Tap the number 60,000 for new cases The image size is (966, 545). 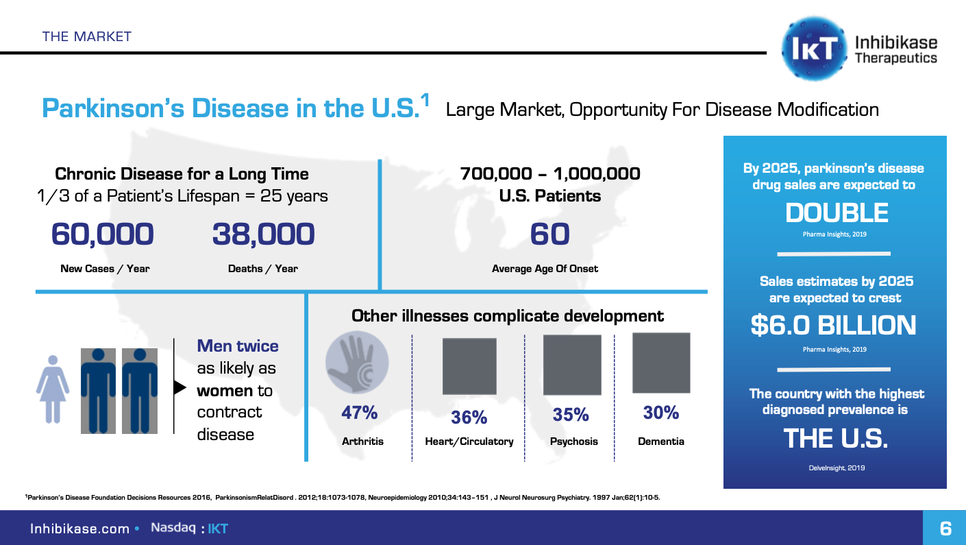(x=103, y=234)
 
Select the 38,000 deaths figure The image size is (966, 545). (x=263, y=234)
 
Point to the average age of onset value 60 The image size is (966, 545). (x=549, y=234)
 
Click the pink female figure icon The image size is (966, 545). (x=52, y=389)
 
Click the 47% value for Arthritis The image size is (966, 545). (x=360, y=413)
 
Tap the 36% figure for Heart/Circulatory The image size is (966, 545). (x=469, y=417)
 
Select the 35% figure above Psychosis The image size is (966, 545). (x=571, y=415)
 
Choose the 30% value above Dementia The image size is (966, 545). (x=660, y=413)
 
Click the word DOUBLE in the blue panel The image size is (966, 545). (x=836, y=213)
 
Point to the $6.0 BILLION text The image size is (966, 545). (x=833, y=326)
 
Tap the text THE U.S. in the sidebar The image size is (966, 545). (x=835, y=438)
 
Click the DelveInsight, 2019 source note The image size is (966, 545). (x=835, y=468)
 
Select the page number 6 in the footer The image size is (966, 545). (x=945, y=529)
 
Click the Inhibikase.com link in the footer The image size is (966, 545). (x=79, y=529)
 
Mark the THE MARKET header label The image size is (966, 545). (x=86, y=36)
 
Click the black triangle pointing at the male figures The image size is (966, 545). (x=180, y=387)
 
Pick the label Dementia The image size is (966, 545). (x=660, y=441)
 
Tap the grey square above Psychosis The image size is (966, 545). (x=571, y=365)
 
